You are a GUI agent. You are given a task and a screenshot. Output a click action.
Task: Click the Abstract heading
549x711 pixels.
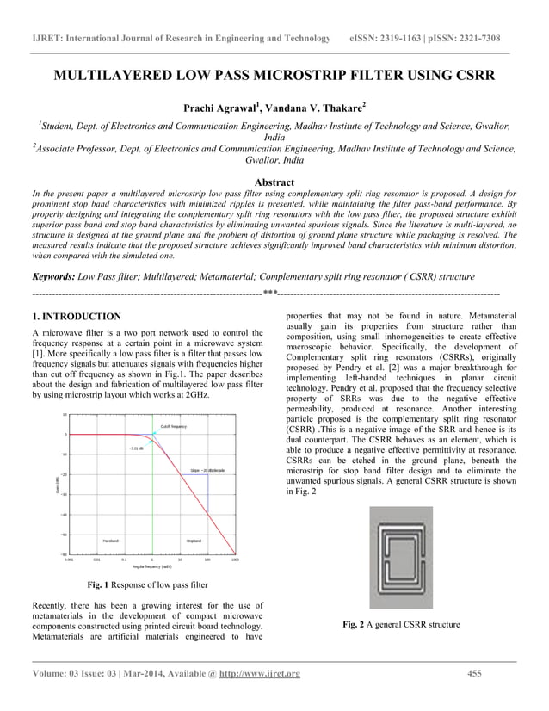(274, 182)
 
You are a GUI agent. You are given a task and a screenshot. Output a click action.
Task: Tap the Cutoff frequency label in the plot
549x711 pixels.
(173, 426)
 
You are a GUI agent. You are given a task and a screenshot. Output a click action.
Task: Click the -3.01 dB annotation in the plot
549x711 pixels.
(135, 448)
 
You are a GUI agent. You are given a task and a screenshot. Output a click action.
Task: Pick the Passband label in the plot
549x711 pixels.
(111, 540)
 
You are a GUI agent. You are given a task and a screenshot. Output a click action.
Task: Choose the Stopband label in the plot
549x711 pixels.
(194, 540)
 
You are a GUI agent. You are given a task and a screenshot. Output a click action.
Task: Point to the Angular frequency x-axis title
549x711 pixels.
(151, 566)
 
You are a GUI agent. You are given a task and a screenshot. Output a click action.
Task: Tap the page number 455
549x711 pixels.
(474, 673)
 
